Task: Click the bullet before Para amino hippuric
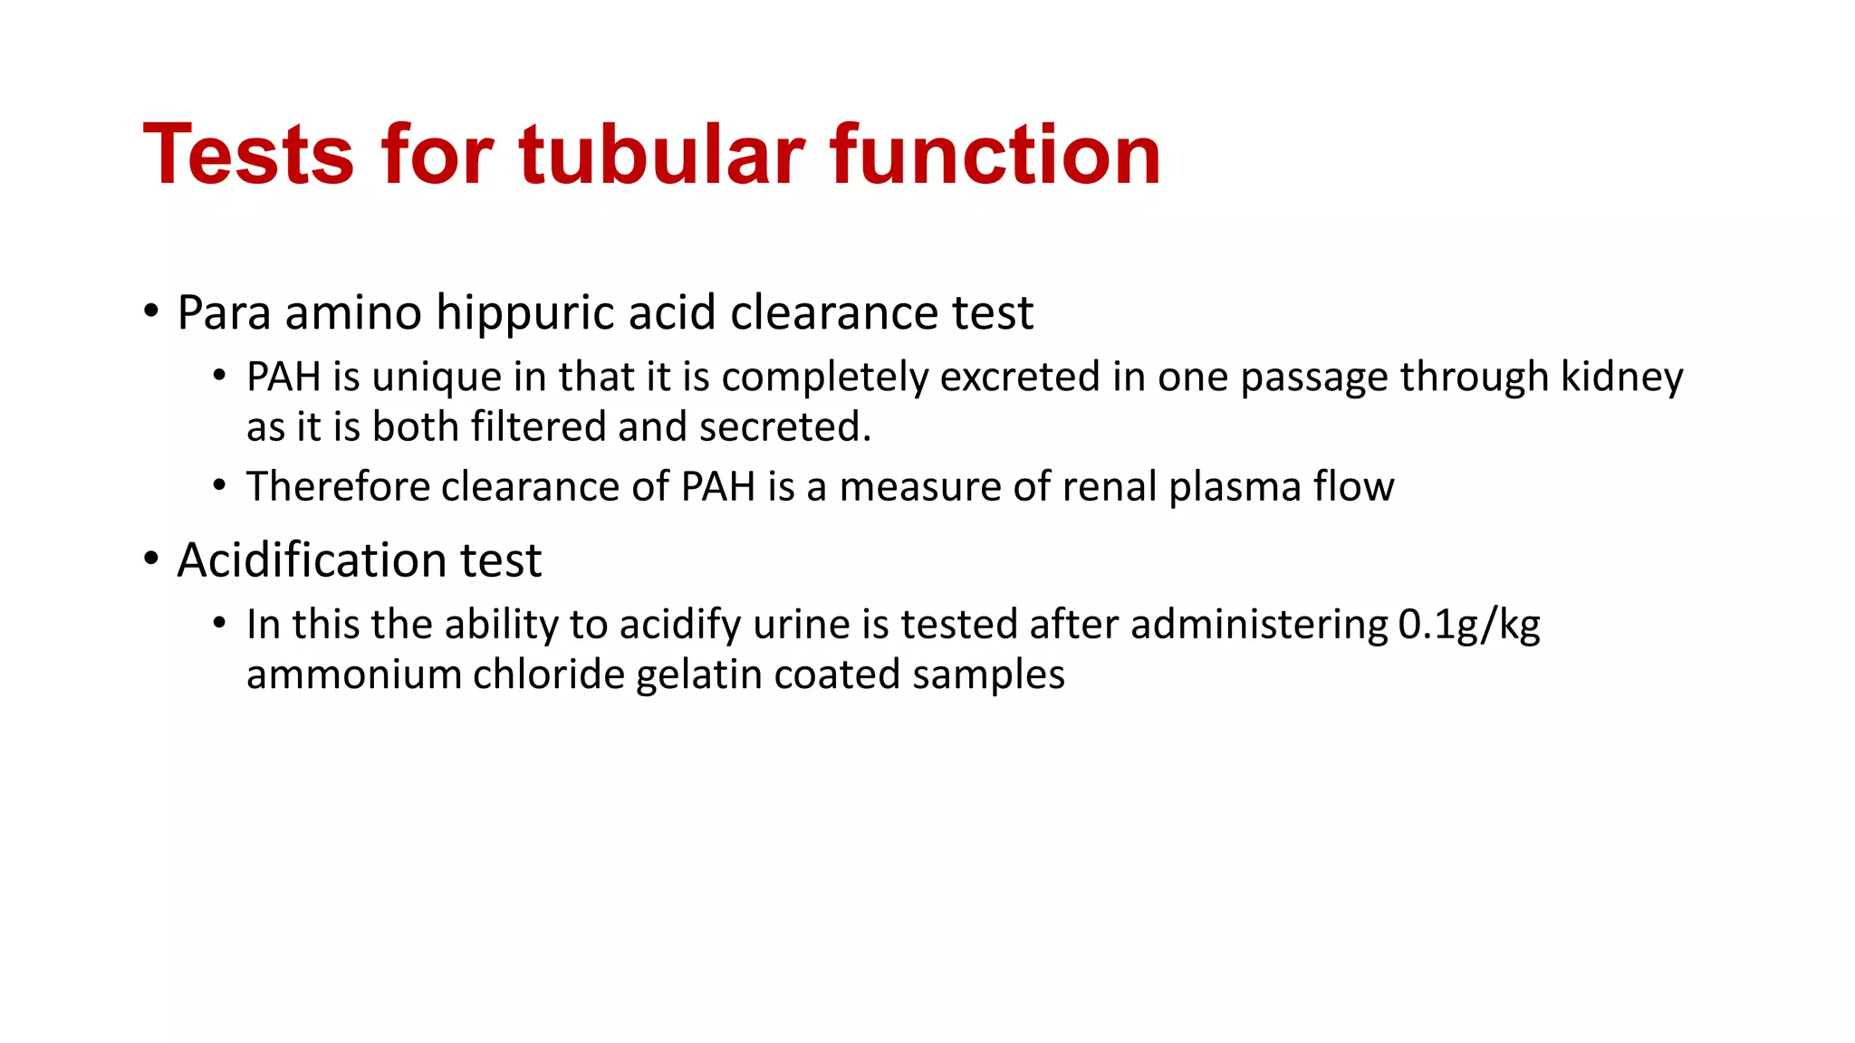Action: [x=151, y=311]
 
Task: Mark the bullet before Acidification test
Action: [x=151, y=559]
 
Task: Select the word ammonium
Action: [x=354, y=675]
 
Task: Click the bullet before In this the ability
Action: [x=219, y=623]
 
